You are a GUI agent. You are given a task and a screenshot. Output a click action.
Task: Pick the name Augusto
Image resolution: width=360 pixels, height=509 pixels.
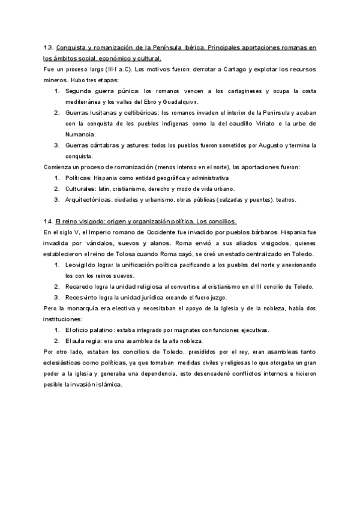coord(272,145)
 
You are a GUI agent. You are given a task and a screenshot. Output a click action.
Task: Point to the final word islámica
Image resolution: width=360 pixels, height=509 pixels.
coord(108,384)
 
